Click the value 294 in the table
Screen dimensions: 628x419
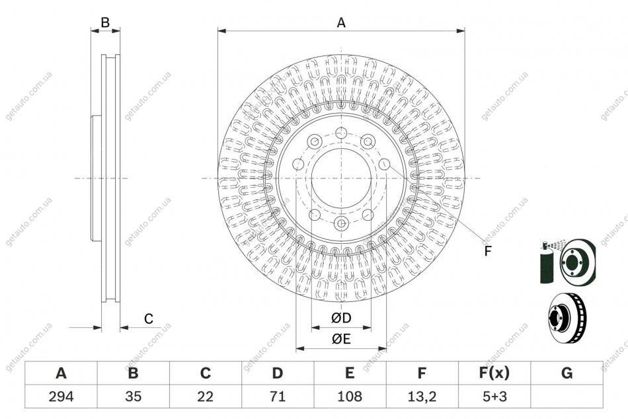coord(61,397)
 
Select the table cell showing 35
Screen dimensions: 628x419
coord(133,397)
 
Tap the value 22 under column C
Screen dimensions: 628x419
coord(205,397)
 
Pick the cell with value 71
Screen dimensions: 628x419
coord(277,397)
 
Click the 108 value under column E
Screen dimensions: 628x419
coord(350,397)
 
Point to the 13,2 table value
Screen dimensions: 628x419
coord(422,397)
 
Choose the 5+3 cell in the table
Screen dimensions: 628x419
coord(494,397)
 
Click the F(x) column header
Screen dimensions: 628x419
coord(494,373)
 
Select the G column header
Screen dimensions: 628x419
coord(567,373)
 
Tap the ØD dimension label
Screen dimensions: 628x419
coord(341,318)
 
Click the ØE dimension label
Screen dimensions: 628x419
coord(341,339)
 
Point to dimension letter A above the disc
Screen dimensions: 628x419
coord(341,23)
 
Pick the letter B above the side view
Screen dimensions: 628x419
coord(105,22)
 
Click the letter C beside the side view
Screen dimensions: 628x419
coord(149,319)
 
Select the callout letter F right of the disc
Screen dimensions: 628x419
coord(487,251)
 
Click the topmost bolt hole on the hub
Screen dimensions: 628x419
coord(341,133)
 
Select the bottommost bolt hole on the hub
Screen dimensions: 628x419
coord(341,223)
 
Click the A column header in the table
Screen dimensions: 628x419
coord(61,373)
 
